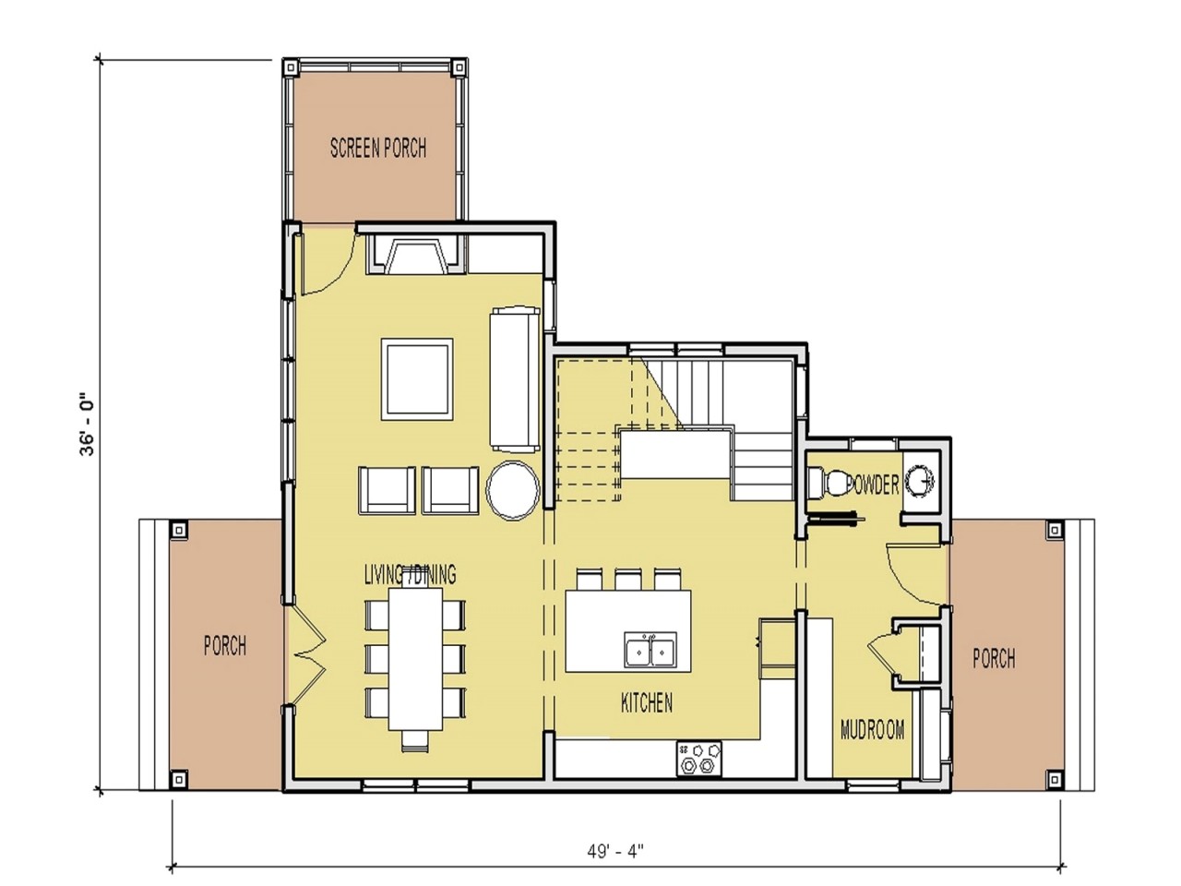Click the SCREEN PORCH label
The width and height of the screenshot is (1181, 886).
click(x=378, y=148)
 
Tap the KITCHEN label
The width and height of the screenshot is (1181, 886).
click(x=646, y=703)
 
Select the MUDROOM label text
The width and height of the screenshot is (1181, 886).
click(x=872, y=730)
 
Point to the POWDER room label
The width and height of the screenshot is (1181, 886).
click(x=871, y=485)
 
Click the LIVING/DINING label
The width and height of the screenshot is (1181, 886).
click(x=410, y=575)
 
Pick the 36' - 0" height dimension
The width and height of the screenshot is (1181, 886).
click(x=88, y=425)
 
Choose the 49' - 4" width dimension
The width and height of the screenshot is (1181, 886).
click(x=614, y=850)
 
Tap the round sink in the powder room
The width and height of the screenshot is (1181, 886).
click(x=920, y=481)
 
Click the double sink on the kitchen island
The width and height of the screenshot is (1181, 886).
click(x=650, y=650)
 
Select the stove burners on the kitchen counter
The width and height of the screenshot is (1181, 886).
click(x=698, y=758)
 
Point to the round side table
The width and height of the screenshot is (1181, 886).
click(x=513, y=488)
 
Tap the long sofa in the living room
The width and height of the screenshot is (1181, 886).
click(x=515, y=378)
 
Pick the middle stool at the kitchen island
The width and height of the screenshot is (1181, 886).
click(x=628, y=580)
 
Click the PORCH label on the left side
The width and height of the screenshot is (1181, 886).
click(x=225, y=645)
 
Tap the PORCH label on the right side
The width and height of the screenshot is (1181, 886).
click(x=994, y=658)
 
